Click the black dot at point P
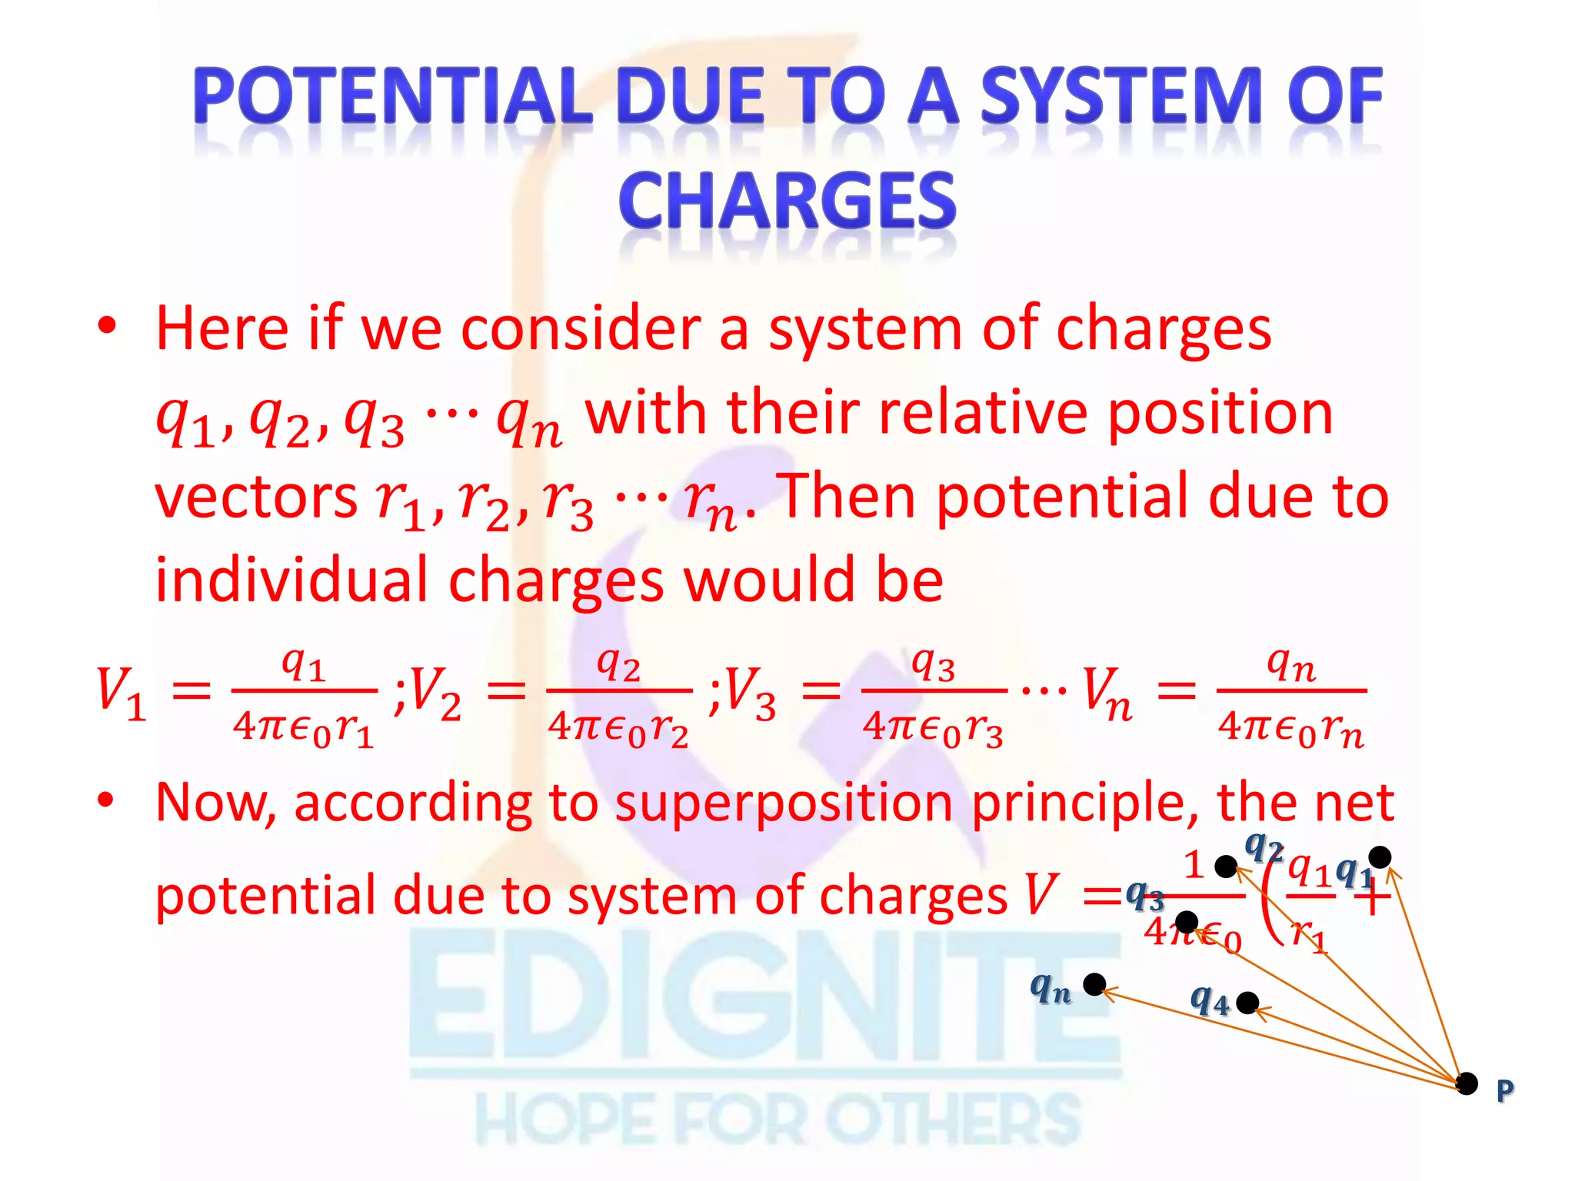tap(1467, 1083)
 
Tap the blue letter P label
tap(1505, 1090)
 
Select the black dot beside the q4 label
tap(1247, 1003)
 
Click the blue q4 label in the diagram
tap(1210, 1000)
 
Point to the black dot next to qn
tap(1094, 984)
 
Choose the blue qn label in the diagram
tap(1051, 987)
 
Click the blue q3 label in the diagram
tap(1144, 895)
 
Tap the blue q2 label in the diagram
tap(1264, 848)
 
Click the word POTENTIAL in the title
tap(393, 95)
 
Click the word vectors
tap(256, 496)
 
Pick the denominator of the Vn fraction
tap(1290, 729)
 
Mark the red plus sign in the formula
tap(1374, 900)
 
